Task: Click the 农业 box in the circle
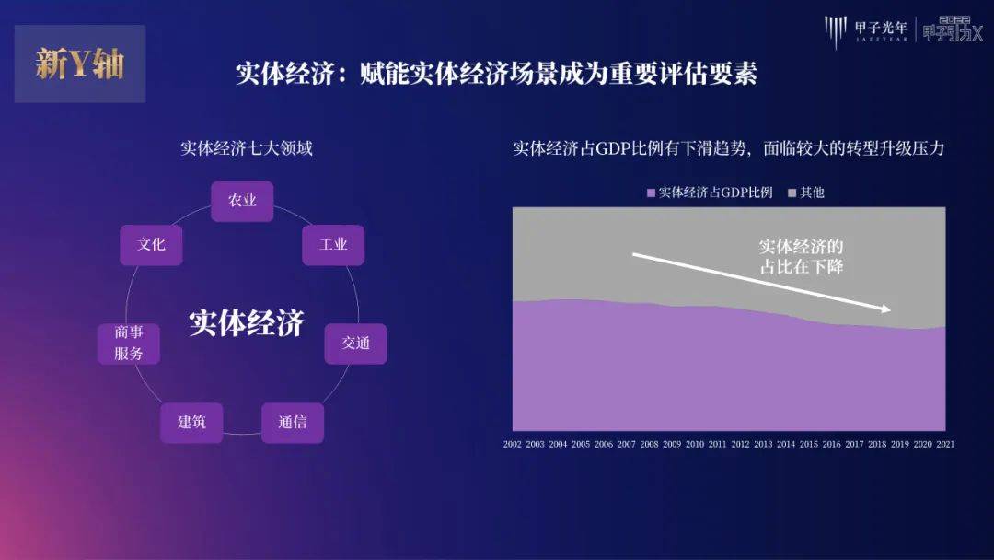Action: pos(242,201)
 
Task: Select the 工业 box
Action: pos(333,245)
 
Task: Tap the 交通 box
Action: pos(355,344)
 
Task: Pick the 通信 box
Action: pos(293,423)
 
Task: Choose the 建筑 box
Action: pos(191,423)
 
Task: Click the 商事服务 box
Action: pos(129,344)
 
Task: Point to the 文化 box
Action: pos(152,245)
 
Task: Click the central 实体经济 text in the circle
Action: pos(247,322)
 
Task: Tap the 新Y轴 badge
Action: pos(80,64)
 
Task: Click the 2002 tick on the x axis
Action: pos(513,445)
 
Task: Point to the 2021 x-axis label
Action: pos(945,445)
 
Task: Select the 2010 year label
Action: pos(695,445)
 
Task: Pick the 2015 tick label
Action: pos(808,445)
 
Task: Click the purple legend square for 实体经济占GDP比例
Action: pos(651,192)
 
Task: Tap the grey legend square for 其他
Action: pos(792,192)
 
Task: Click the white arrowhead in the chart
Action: pos(885,309)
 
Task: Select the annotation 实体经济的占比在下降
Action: pos(802,256)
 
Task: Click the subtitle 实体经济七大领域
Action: pos(247,148)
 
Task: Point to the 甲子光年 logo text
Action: pos(881,28)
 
